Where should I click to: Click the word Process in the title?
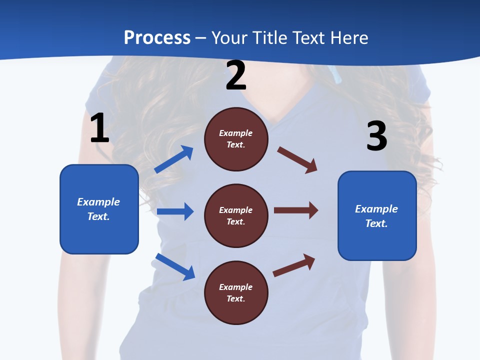[157, 37]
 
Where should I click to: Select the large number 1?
[99, 128]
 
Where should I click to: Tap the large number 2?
[236, 75]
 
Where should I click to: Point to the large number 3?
[377, 136]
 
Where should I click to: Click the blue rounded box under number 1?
[99, 209]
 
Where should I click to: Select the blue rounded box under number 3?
[377, 215]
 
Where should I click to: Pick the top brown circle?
[236, 139]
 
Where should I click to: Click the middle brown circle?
[236, 215]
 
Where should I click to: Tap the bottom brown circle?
[236, 292]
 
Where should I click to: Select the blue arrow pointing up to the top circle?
[174, 159]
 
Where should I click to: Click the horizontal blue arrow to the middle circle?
[175, 211]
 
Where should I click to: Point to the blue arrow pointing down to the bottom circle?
[175, 266]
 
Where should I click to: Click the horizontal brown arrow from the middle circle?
[296, 210]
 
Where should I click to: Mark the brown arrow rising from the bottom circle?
[294, 265]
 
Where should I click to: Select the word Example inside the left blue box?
[98, 202]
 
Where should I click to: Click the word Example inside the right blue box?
[376, 209]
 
